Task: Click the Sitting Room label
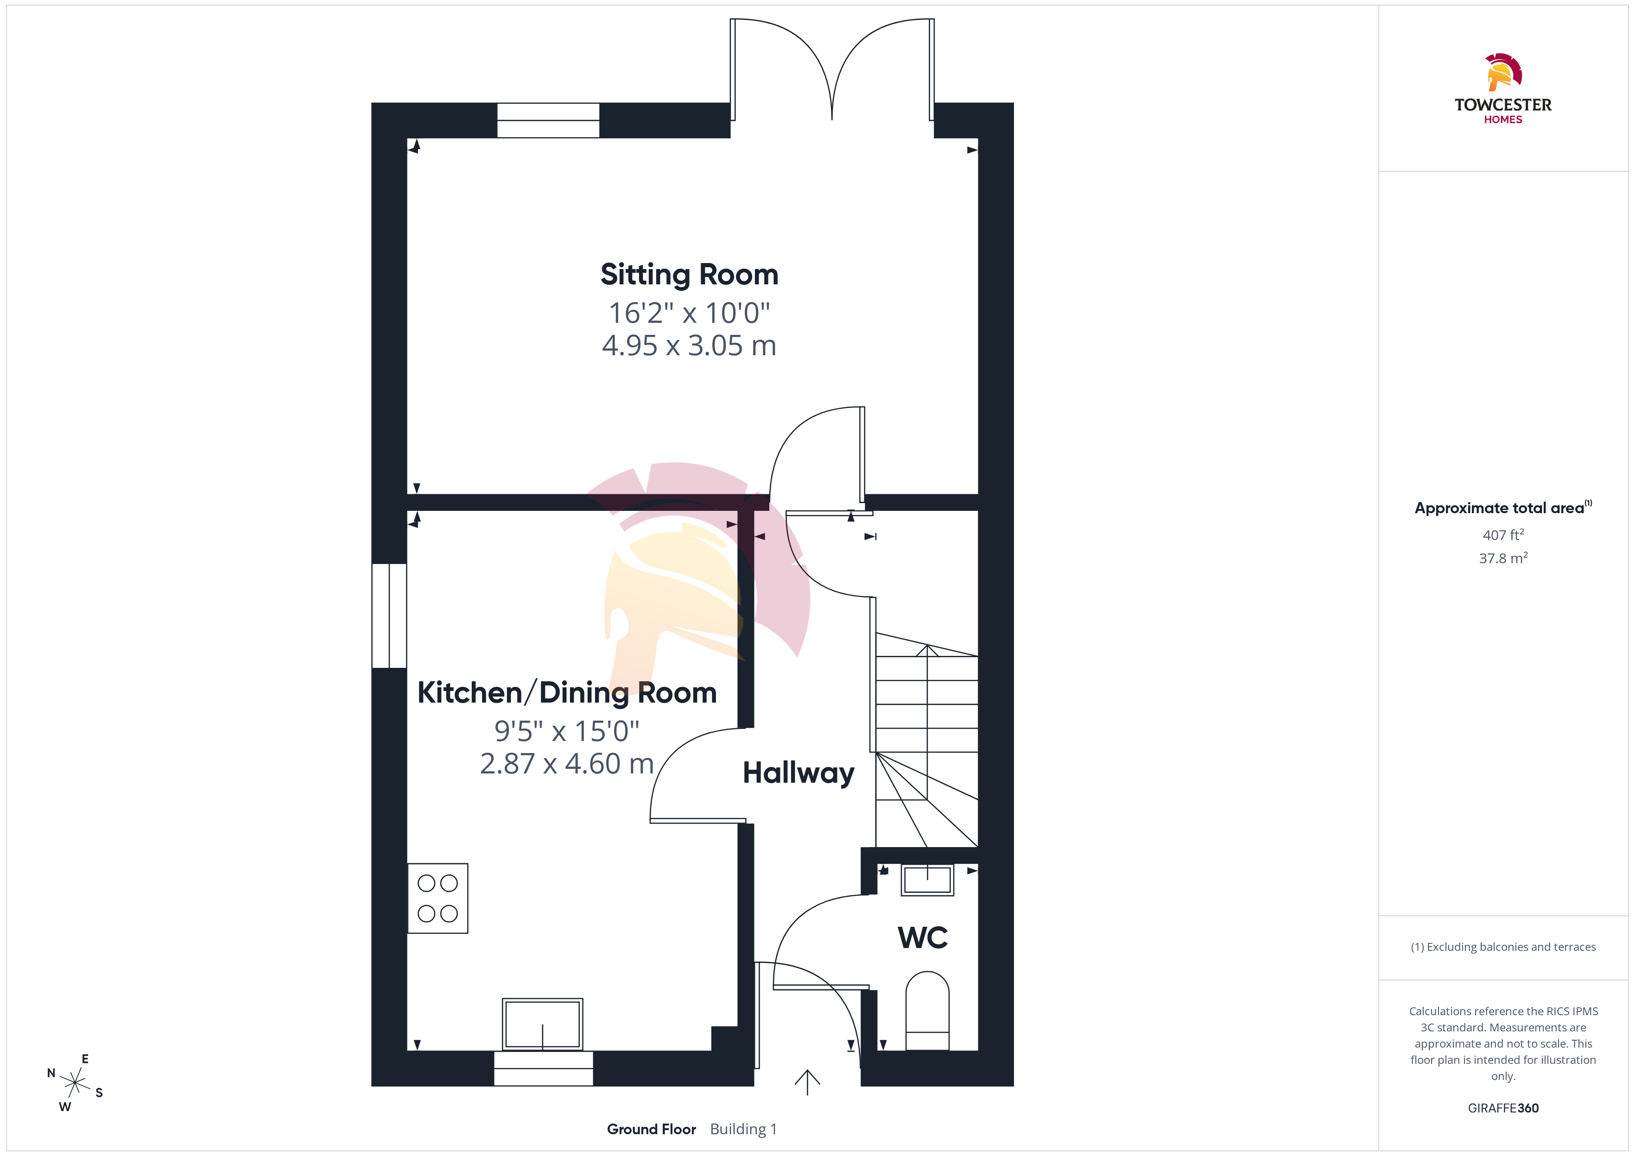(x=689, y=275)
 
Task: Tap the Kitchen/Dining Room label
(x=567, y=692)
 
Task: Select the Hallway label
(x=798, y=773)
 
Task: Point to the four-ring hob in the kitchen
(x=437, y=898)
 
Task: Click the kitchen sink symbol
(x=543, y=1024)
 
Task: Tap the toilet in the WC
(x=927, y=1011)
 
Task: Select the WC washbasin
(x=927, y=880)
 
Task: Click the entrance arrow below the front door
(x=807, y=1082)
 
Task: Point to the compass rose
(x=75, y=1083)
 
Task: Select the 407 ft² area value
(x=1503, y=534)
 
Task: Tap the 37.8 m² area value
(x=1503, y=558)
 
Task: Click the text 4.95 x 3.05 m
(x=689, y=346)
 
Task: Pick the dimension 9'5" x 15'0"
(x=567, y=730)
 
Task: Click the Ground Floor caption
(x=651, y=1129)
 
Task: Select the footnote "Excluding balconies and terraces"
(x=1511, y=947)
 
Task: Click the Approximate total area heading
(x=1499, y=508)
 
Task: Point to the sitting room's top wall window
(x=548, y=120)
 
